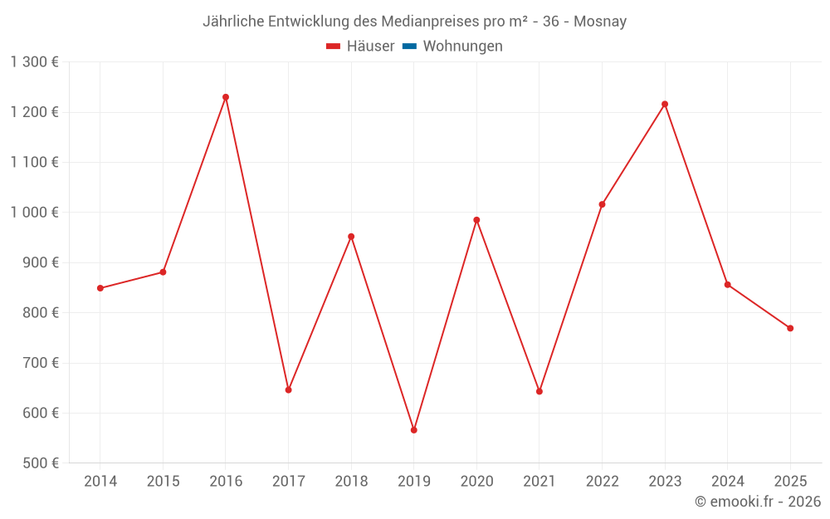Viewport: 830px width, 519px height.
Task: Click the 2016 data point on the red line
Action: click(x=226, y=97)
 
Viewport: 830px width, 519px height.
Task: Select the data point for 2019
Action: click(x=413, y=430)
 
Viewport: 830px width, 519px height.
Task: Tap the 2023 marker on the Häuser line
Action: click(x=665, y=104)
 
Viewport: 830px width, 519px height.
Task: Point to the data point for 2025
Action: click(x=790, y=328)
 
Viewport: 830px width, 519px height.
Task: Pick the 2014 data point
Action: click(x=100, y=288)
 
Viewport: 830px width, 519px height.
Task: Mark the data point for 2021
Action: click(x=539, y=391)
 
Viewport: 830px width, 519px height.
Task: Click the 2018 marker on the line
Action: click(x=351, y=237)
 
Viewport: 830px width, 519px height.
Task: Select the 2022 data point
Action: click(x=602, y=204)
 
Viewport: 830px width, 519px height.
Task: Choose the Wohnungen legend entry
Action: click(x=462, y=47)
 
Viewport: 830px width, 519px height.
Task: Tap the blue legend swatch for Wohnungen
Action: click(x=409, y=47)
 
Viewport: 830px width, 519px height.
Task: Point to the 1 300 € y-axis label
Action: click(x=35, y=62)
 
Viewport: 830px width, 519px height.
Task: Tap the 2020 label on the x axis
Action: click(x=476, y=482)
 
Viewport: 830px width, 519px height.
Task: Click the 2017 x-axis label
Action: click(x=288, y=482)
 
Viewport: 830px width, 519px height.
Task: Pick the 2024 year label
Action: click(x=727, y=482)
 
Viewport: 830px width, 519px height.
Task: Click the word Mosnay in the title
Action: click(x=601, y=22)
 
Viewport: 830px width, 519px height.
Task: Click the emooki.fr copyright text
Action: click(x=758, y=502)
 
